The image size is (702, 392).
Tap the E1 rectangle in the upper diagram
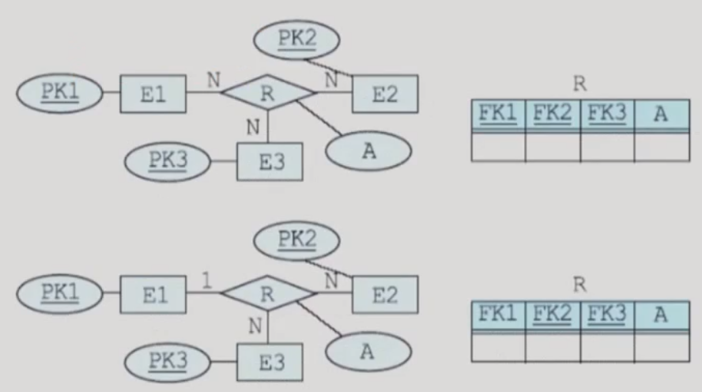[x=153, y=94]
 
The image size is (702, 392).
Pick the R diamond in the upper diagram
[x=268, y=92]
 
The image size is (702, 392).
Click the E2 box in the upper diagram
[x=385, y=94]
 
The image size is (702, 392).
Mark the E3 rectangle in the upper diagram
[x=270, y=162]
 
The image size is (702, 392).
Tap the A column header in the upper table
[x=661, y=114]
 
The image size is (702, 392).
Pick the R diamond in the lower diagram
[x=268, y=295]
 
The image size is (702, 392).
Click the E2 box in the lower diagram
[x=385, y=296]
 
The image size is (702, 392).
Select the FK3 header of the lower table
[x=606, y=315]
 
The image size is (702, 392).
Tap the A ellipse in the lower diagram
[x=367, y=352]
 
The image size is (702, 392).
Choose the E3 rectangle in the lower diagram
[x=270, y=363]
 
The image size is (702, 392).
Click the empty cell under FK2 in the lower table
[x=552, y=347]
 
